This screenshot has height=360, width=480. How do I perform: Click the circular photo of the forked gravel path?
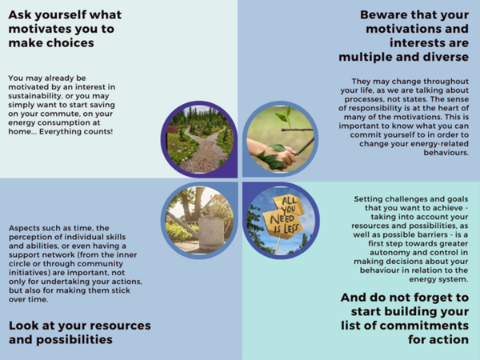pos(199,139)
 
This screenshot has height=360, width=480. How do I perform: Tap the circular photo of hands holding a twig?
pos(281,139)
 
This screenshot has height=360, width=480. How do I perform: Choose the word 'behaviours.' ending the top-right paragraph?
pos(446,153)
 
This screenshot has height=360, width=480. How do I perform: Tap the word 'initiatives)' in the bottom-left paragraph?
pos(30,273)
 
